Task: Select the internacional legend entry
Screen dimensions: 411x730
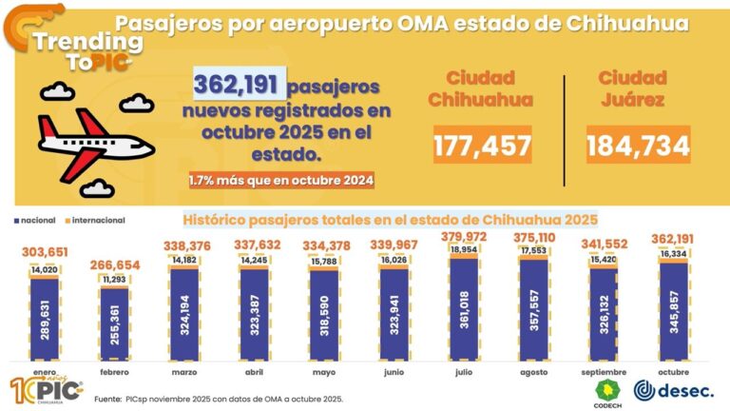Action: coord(95,221)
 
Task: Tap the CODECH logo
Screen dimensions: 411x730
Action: coord(606,392)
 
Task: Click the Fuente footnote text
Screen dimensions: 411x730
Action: coord(219,399)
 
